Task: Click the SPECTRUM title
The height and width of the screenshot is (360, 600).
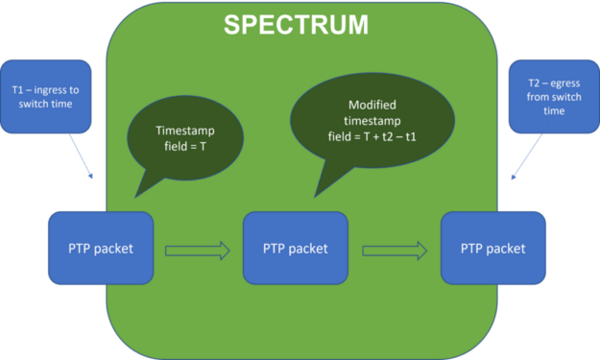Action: click(x=296, y=25)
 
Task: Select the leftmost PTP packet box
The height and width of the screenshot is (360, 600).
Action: click(x=101, y=248)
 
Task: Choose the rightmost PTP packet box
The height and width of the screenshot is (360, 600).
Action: click(x=492, y=248)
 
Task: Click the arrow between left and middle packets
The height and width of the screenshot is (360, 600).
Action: click(x=198, y=251)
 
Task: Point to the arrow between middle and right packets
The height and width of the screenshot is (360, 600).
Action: click(x=395, y=251)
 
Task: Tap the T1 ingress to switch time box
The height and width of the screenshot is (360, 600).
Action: click(x=46, y=97)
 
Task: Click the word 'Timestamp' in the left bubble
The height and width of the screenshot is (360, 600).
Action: click(x=186, y=131)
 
